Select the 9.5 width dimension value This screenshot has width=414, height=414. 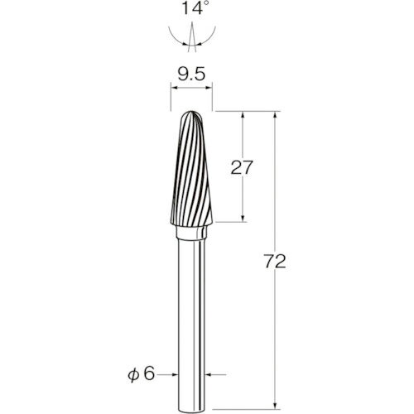(x=192, y=75)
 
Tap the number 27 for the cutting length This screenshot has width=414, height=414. (x=242, y=167)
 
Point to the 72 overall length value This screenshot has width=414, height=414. (x=275, y=262)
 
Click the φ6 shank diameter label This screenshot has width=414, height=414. (x=141, y=374)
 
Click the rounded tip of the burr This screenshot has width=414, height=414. (x=191, y=113)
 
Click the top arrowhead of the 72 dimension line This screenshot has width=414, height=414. (x=275, y=115)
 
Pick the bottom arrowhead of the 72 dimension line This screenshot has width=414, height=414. (x=275, y=406)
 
